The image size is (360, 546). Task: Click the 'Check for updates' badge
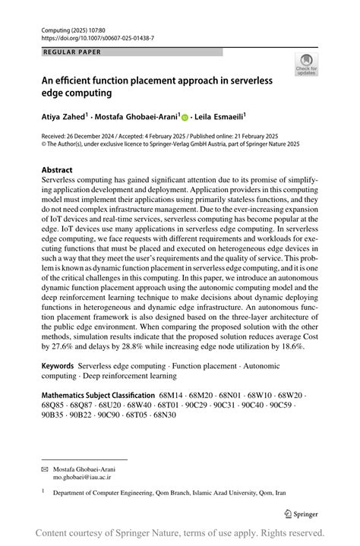tap(306, 65)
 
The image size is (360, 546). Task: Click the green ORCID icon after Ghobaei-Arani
tap(185, 118)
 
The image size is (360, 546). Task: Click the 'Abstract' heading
tap(57, 170)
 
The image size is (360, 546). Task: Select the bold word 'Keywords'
tap(58, 366)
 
